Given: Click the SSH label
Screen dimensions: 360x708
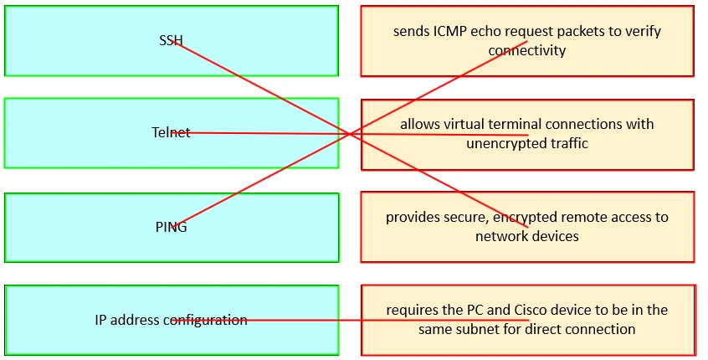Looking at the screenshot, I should click(171, 40).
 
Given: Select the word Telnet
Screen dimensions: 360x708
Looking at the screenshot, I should click(171, 132).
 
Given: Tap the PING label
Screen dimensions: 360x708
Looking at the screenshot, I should click(171, 227).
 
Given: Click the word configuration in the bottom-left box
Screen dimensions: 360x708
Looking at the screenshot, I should click(205, 320).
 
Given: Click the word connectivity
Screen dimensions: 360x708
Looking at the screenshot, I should click(527, 50).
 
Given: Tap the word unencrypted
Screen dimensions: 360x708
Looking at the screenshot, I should click(505, 143).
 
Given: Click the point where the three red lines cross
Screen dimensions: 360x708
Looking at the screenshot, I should click(349, 134).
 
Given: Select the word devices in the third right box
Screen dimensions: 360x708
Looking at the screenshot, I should click(554, 236).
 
